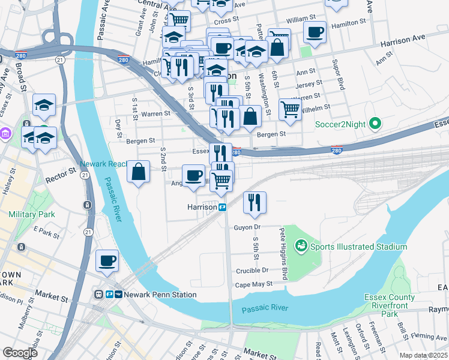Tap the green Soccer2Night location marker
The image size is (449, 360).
tap(376, 124)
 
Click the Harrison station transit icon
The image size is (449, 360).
tap(222, 207)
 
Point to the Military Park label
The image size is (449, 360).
tap(32, 214)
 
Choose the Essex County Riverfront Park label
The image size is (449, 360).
tap(390, 305)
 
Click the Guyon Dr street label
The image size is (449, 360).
tap(247, 227)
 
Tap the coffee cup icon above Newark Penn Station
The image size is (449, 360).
tap(107, 261)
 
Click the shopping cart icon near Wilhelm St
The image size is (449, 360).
tap(290, 110)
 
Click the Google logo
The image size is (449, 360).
tap(20, 353)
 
